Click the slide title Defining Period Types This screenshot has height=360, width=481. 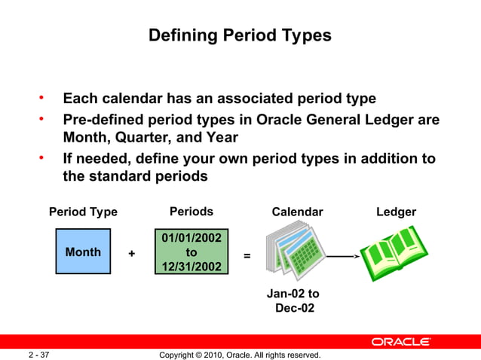pyautogui.click(x=240, y=35)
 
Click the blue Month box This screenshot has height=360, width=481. pyautogui.click(x=83, y=252)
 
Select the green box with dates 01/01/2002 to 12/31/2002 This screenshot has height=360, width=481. pyautogui.click(x=191, y=253)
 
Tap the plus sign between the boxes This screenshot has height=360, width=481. pyautogui.click(x=132, y=255)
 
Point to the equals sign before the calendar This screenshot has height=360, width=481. pyautogui.click(x=247, y=256)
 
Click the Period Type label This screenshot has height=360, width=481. pyautogui.click(x=83, y=212)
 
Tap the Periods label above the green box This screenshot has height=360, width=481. pyautogui.click(x=191, y=212)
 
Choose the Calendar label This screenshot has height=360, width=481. pyautogui.click(x=297, y=212)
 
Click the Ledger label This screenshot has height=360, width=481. pyautogui.click(x=396, y=212)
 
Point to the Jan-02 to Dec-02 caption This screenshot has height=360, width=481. pyautogui.click(x=294, y=301)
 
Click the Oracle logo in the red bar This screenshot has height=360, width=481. pyautogui.click(x=400, y=342)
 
